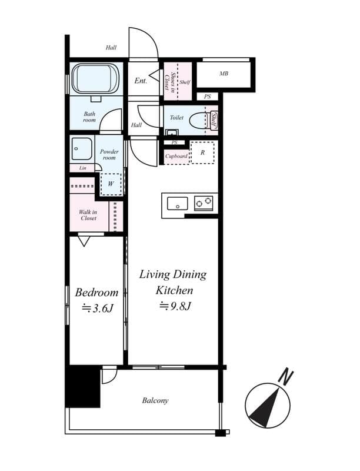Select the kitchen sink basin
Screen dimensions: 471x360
(177, 204)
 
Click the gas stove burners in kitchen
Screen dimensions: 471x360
(204, 203)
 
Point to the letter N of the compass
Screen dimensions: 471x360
(286, 376)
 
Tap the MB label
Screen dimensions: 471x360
(224, 74)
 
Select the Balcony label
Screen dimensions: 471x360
(155, 401)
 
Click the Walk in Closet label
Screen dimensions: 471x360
(89, 215)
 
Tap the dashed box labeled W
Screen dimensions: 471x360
(111, 184)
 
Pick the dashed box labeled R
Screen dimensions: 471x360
(202, 152)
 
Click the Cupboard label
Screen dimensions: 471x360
(176, 156)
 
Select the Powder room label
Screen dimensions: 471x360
(109, 155)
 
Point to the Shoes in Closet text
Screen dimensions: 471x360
(169, 82)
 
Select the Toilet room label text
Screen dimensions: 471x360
(176, 118)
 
